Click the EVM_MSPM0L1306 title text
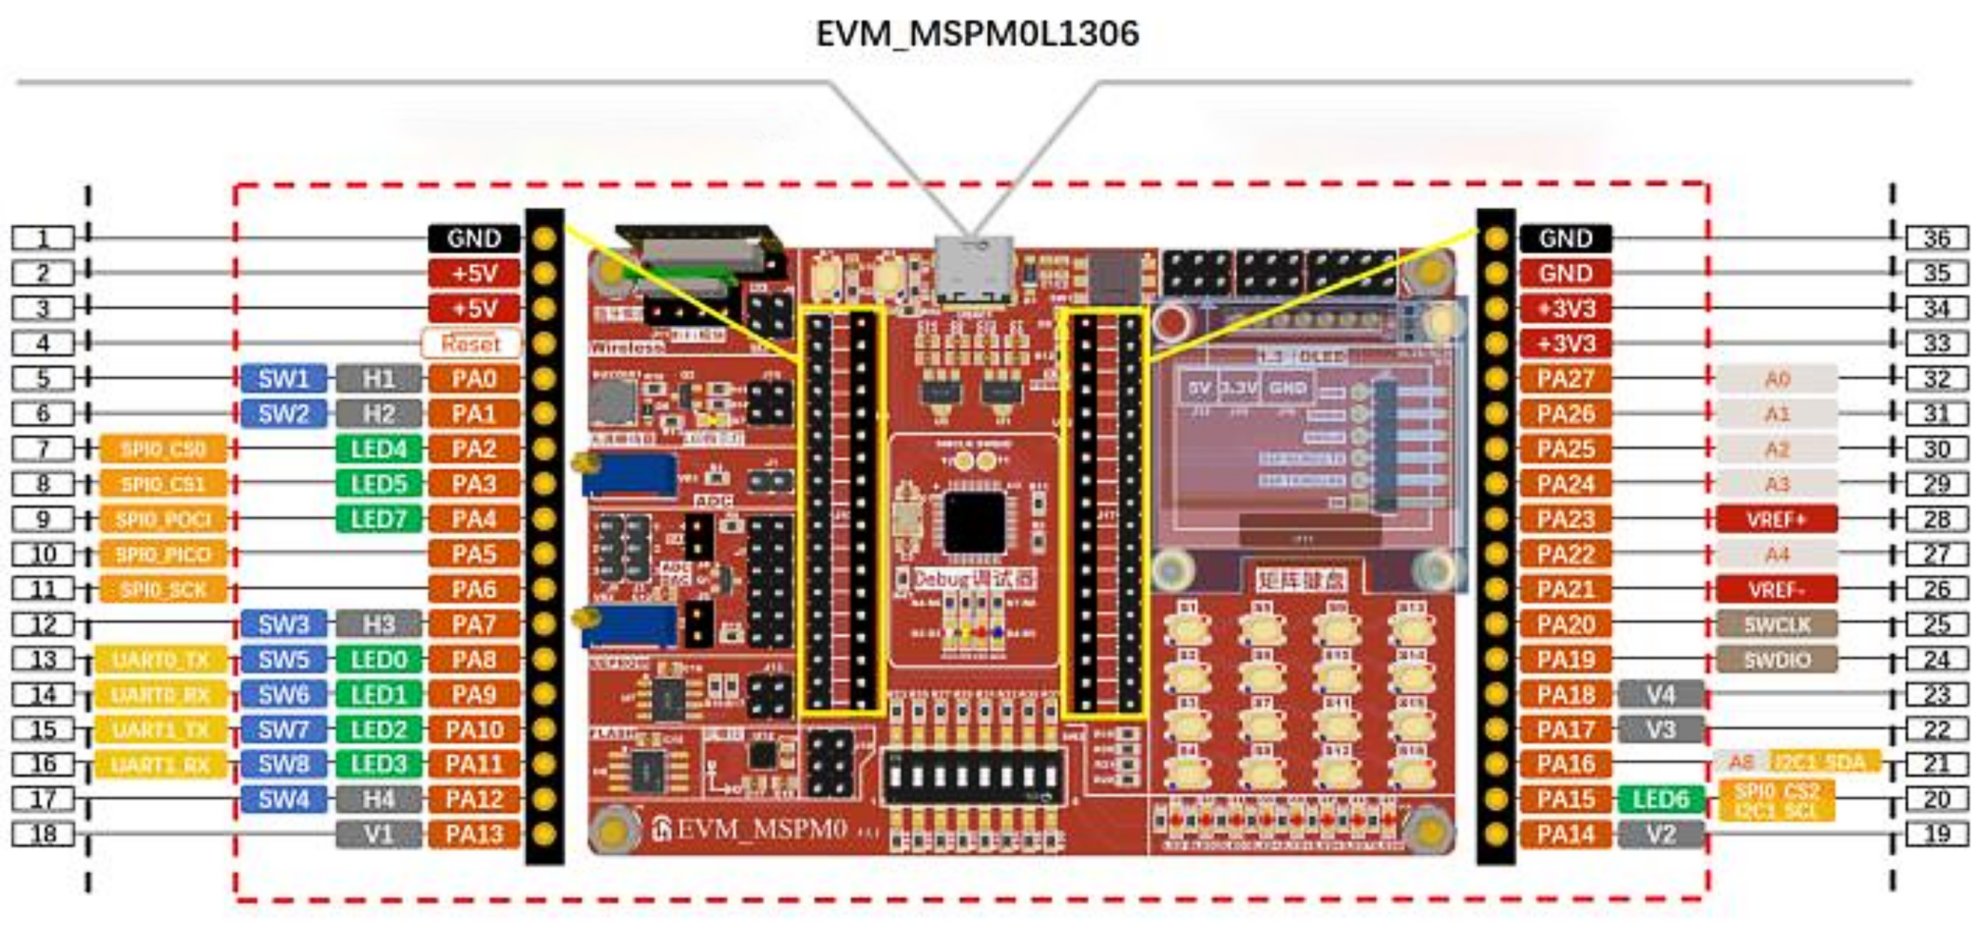[x=976, y=34]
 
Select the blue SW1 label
[x=283, y=378]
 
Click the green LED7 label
[x=378, y=519]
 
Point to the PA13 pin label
[x=473, y=834]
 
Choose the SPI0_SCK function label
[x=163, y=590]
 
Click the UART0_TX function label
[x=161, y=660]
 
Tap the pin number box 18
[x=43, y=834]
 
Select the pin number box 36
[x=1936, y=238]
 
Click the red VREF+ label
[x=1776, y=519]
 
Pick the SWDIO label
[x=1776, y=660]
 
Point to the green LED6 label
[x=1660, y=799]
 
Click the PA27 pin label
[x=1565, y=378]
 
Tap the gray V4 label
[x=1660, y=695]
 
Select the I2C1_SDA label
[x=1824, y=762]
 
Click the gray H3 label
[x=378, y=624]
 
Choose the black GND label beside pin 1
[x=473, y=238]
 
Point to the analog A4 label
[x=1776, y=555]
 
